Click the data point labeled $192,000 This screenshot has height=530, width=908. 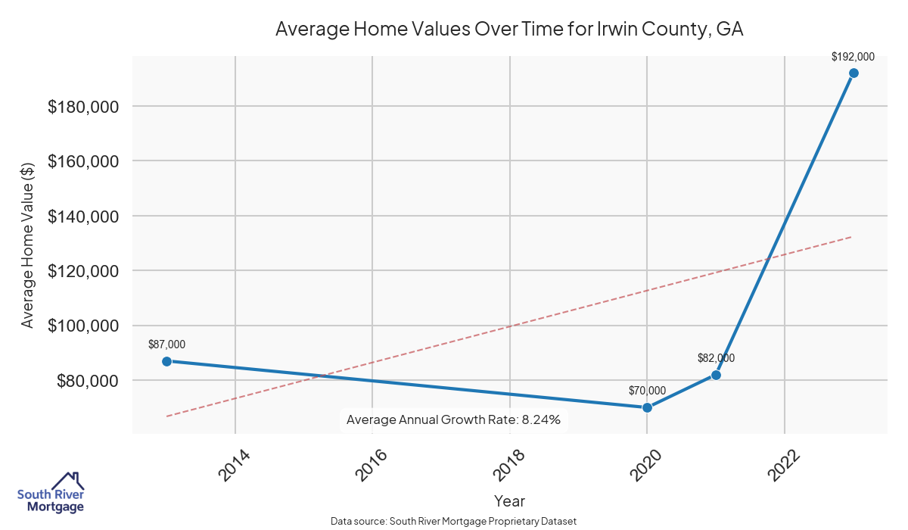coord(854,73)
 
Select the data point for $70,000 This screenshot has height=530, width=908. coord(647,407)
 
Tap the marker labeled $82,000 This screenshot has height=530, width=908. coord(716,375)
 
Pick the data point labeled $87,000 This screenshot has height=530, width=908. coord(166,361)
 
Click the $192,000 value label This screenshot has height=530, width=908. coord(853,56)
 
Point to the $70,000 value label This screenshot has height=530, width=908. coord(647,391)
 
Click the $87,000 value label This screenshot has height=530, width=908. coord(166,344)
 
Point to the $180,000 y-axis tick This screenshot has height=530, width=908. coord(83,107)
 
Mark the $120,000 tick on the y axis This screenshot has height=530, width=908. coord(83,271)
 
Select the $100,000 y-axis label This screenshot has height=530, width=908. coord(83,326)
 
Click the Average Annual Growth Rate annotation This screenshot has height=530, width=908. coord(453,419)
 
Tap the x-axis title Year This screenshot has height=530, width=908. coord(509,500)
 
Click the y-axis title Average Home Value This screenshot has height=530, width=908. coord(28,244)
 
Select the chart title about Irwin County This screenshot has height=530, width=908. coord(509,30)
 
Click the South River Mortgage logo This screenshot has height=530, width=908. coord(51,493)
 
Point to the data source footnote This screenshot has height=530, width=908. coord(453,521)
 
